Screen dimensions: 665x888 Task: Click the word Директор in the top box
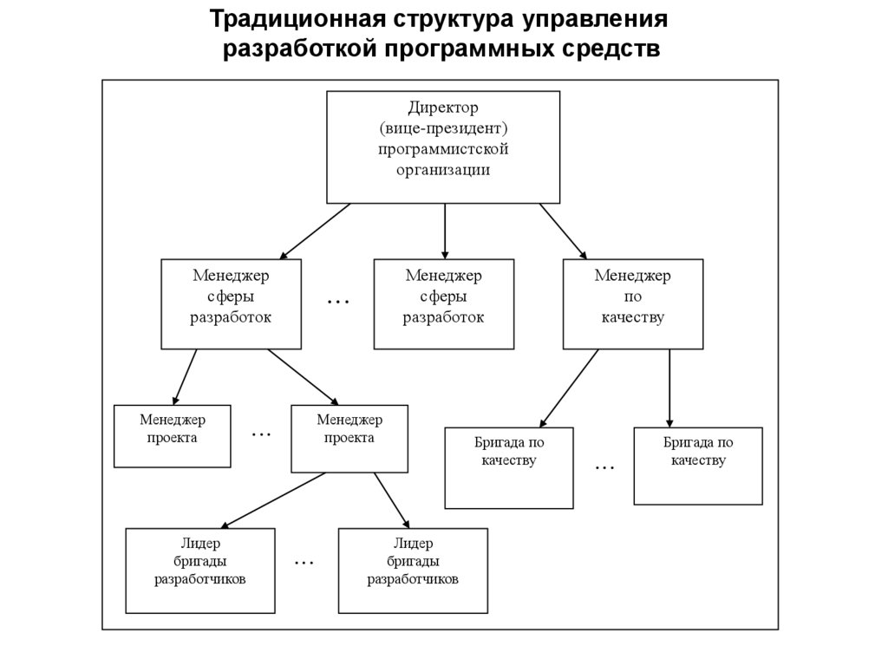point(442,108)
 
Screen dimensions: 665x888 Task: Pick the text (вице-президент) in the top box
point(442,129)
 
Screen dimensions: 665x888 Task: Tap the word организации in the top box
point(442,170)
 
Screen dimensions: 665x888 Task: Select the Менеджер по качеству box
point(632,303)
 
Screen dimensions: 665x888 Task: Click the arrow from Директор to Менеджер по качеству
point(564,231)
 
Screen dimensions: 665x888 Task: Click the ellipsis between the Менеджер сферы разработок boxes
point(337,302)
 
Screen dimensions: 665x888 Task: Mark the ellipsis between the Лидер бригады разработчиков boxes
point(304,563)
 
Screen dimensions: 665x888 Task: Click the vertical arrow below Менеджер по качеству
point(669,388)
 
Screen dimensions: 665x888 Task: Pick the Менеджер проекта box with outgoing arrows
point(349,438)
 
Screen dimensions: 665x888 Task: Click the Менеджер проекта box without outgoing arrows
point(172,436)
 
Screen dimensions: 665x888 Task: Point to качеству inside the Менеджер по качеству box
point(632,318)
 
